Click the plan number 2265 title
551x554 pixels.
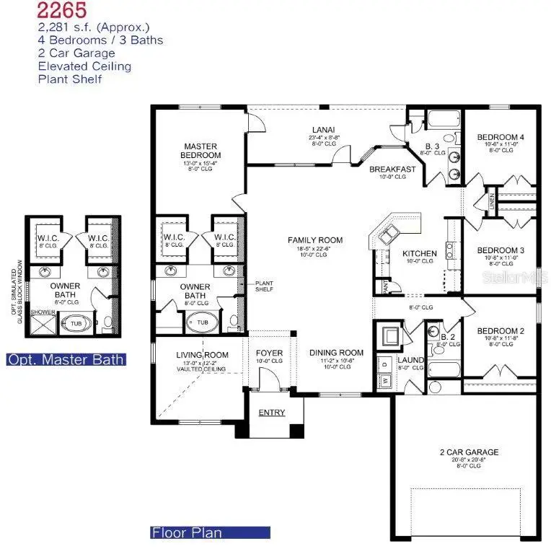64,10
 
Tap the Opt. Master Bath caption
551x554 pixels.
66,359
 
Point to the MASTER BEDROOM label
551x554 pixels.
201,151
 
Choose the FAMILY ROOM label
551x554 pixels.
314,240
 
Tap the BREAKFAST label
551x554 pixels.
392,170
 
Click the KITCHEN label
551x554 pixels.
419,253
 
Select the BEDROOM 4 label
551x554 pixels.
501,137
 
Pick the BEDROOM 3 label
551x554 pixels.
501,250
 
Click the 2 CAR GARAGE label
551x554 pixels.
469,452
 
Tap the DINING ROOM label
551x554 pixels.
336,353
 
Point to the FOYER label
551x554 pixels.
270,353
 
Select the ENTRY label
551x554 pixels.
272,413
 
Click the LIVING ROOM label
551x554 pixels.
202,355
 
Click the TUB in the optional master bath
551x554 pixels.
76,324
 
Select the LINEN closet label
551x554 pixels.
491,199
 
